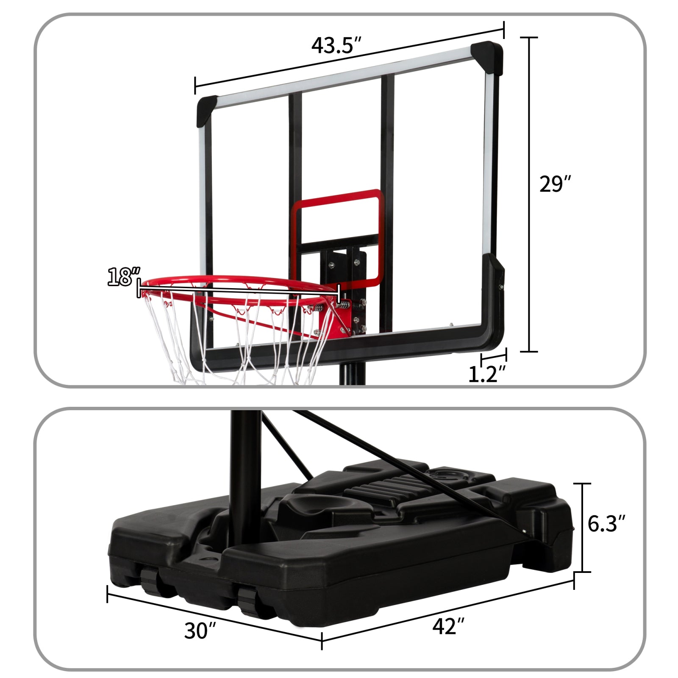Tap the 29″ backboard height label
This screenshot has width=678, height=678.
pyautogui.click(x=555, y=184)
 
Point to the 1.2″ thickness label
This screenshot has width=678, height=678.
pyautogui.click(x=487, y=374)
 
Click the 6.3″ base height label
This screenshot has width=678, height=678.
pyautogui.click(x=606, y=524)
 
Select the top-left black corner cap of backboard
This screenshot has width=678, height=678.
pyautogui.click(x=207, y=111)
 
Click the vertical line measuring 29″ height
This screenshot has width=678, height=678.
pyautogui.click(x=529, y=195)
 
